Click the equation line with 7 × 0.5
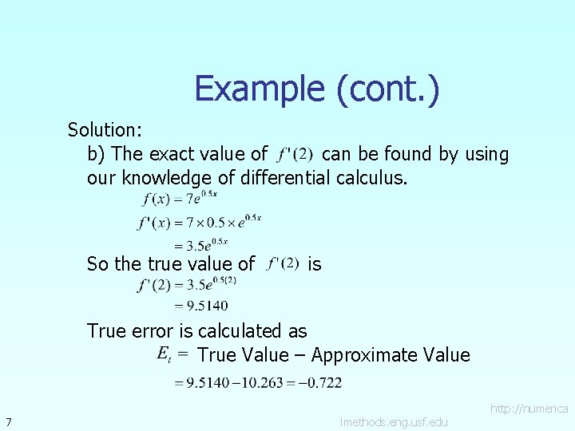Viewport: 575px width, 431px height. click(x=199, y=222)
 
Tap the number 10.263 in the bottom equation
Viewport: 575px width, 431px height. click(x=259, y=382)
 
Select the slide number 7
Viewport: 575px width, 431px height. click(x=7, y=421)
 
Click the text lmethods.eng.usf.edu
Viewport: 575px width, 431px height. click(x=393, y=421)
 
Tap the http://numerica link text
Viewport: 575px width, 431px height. click(x=529, y=409)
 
